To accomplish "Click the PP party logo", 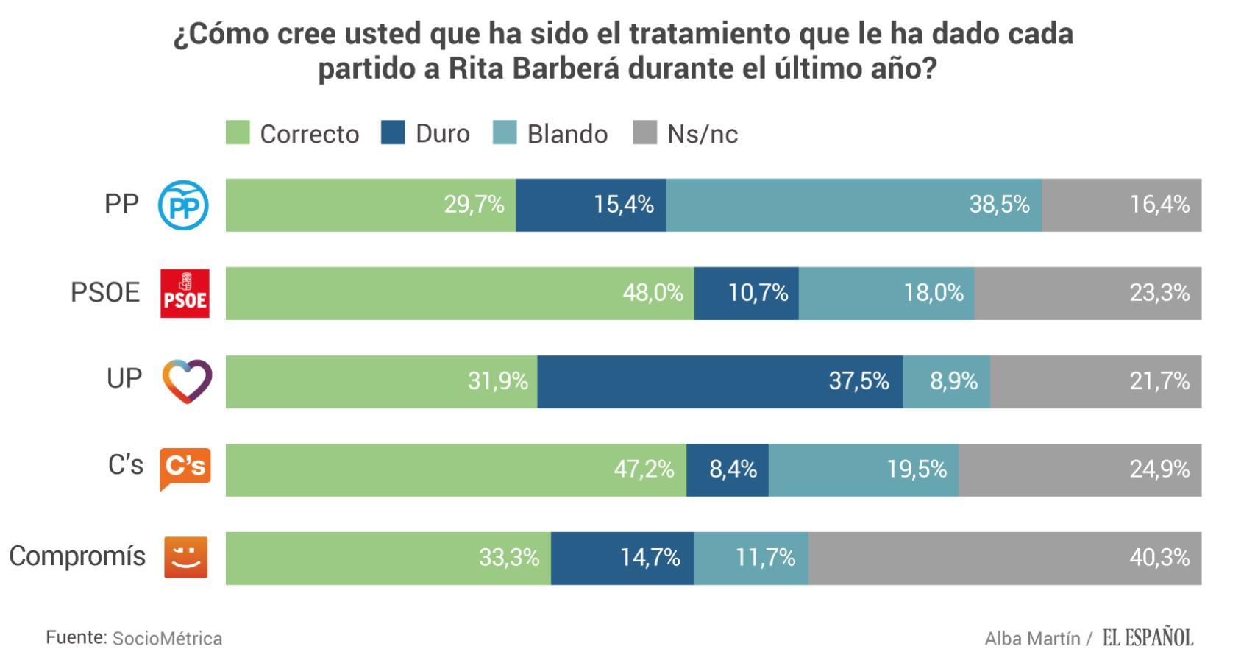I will [184, 205].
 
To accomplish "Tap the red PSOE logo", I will [185, 293].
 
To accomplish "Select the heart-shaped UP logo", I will [187, 381].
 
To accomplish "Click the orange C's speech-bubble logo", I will [185, 468].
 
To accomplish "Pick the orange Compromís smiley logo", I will [185, 557].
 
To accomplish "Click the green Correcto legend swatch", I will [238, 133].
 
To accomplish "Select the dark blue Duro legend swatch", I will [393, 133].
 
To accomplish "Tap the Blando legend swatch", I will [505, 133].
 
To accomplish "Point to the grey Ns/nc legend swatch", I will [644, 133].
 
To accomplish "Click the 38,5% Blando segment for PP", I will [853, 205].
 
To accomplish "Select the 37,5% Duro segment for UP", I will [719, 381].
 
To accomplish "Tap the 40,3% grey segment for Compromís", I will [1004, 558].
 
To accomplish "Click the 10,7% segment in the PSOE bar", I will [746, 293].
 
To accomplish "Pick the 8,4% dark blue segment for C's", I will [727, 469].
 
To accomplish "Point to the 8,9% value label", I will [953, 381].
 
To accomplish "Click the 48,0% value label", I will [653, 293].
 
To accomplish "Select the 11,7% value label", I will [765, 558].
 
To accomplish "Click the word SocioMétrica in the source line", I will [167, 638].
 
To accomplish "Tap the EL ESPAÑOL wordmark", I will [1148, 637].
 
